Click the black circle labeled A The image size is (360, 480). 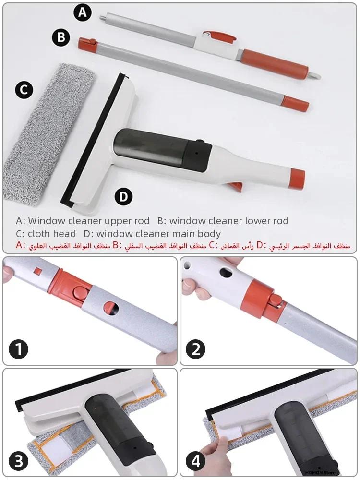point(83,12)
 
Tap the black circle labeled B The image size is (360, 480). point(61,37)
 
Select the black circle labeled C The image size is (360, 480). point(24,90)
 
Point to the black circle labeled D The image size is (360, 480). point(123,196)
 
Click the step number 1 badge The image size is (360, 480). point(19,349)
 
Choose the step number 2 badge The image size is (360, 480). point(195,349)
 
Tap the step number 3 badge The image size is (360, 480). point(19,462)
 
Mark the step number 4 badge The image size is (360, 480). point(195,462)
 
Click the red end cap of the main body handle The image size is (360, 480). point(298,178)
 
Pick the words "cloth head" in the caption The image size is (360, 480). point(52,234)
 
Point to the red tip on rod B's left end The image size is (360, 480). point(87,43)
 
